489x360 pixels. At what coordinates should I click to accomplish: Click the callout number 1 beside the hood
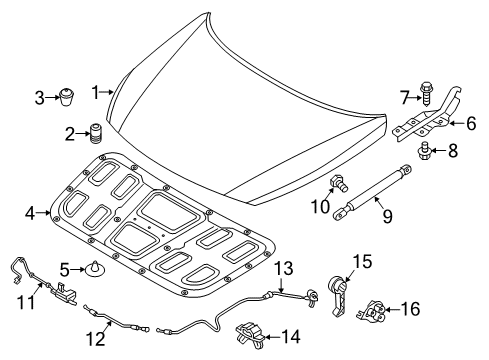[97, 92]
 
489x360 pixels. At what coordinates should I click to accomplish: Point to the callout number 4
[29, 212]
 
